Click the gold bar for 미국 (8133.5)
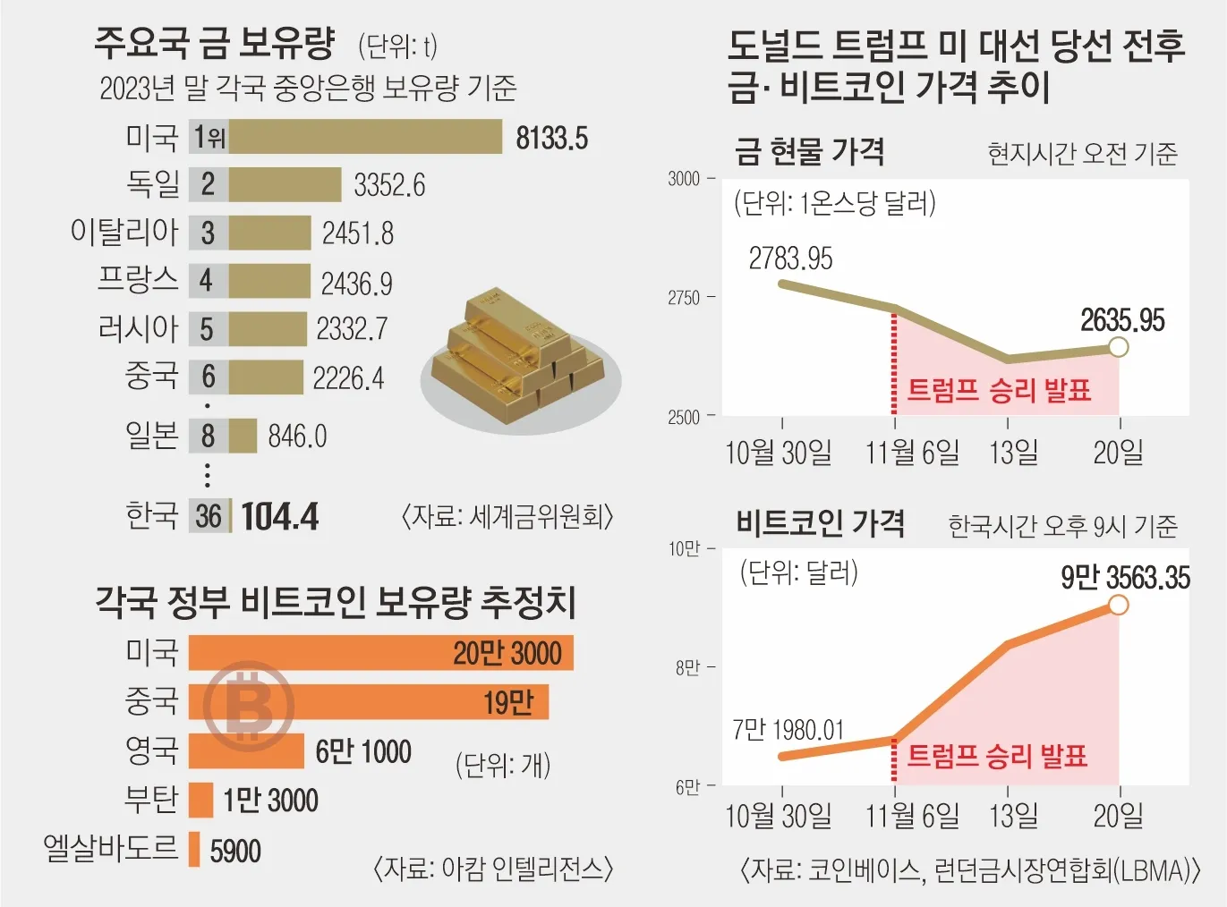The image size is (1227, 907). [x=365, y=137]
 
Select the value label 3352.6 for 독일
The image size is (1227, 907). [x=389, y=185]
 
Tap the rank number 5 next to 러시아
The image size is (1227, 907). [x=207, y=329]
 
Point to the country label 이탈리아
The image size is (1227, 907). [x=124, y=233]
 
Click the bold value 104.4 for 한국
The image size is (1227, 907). [x=280, y=517]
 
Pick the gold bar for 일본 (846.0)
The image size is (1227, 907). [x=243, y=437]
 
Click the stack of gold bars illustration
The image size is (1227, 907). [x=519, y=358]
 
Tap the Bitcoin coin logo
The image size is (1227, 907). [x=248, y=707]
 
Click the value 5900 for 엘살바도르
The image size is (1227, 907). [x=235, y=851]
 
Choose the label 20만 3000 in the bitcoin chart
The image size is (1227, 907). [x=507, y=654]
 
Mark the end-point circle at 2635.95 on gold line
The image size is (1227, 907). [x=1118, y=347]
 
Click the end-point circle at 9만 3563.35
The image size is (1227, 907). [x=1118, y=606]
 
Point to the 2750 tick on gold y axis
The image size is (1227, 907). [x=684, y=298]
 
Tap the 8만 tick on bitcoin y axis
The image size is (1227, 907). [x=687, y=668]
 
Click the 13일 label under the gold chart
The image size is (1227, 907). [x=1013, y=453]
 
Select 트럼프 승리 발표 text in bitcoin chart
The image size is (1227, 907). [x=997, y=757]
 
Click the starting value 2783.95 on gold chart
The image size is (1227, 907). [x=790, y=259]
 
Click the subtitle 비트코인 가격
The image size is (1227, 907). [x=820, y=523]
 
